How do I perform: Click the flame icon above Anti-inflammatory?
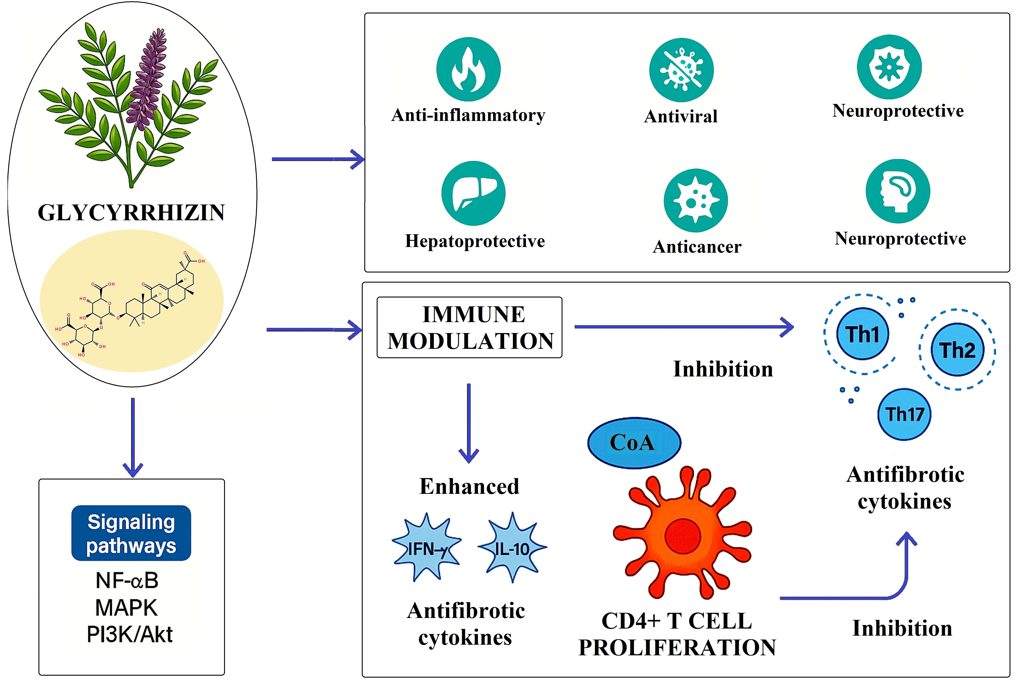[468, 69]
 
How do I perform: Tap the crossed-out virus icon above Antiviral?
[681, 70]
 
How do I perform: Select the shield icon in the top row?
[889, 67]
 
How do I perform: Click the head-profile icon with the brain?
[898, 191]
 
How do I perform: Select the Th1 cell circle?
[863, 334]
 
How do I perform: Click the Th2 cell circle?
[957, 350]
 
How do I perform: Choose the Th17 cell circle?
[904, 414]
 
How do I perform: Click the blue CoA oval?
[634, 442]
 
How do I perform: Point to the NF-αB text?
[127, 581]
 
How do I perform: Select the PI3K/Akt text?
[130, 634]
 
